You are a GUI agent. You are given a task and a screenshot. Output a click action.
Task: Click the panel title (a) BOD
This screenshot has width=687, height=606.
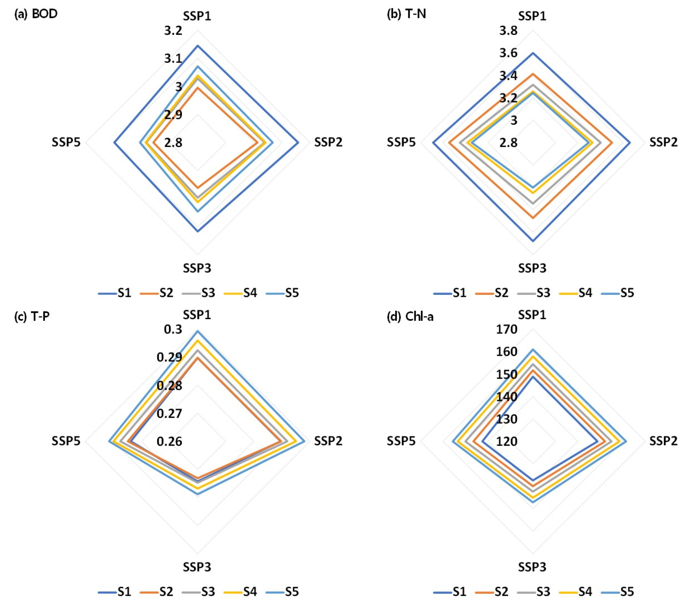click(x=36, y=14)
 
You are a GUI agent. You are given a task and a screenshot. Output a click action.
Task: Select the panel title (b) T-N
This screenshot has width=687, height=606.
click(x=406, y=14)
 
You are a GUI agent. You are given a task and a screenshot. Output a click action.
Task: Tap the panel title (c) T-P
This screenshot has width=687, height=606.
click(x=32, y=316)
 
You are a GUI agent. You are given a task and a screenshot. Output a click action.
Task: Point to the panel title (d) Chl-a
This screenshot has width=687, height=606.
click(x=410, y=316)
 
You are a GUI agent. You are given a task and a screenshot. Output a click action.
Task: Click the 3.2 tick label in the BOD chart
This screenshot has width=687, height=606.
click(x=173, y=31)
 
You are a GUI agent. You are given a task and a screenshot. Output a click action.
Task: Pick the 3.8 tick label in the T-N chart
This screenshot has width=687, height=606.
click(x=508, y=31)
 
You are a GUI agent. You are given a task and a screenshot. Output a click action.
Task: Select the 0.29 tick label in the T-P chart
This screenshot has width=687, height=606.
click(x=169, y=357)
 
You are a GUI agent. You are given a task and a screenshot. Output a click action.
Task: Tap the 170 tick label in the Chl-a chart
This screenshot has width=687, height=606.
click(x=506, y=329)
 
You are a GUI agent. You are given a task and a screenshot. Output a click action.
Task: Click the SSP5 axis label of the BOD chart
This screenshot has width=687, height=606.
click(x=66, y=142)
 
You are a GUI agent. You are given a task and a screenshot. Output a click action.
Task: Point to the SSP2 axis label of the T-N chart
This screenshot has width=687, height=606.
click(x=664, y=142)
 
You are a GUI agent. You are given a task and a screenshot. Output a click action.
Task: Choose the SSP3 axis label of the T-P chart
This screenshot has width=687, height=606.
click(x=197, y=567)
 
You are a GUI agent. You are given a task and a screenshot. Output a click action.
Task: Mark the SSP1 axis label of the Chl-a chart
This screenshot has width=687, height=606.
click(x=532, y=315)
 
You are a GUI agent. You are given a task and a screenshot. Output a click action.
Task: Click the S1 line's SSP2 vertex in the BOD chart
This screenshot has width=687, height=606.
click(x=299, y=143)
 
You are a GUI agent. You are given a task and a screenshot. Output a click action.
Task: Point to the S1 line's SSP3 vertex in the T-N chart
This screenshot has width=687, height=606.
click(x=533, y=241)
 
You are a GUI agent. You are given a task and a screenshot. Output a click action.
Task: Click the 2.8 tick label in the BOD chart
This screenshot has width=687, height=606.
click(x=173, y=143)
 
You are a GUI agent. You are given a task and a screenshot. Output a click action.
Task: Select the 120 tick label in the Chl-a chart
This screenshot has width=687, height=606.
click(x=506, y=441)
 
